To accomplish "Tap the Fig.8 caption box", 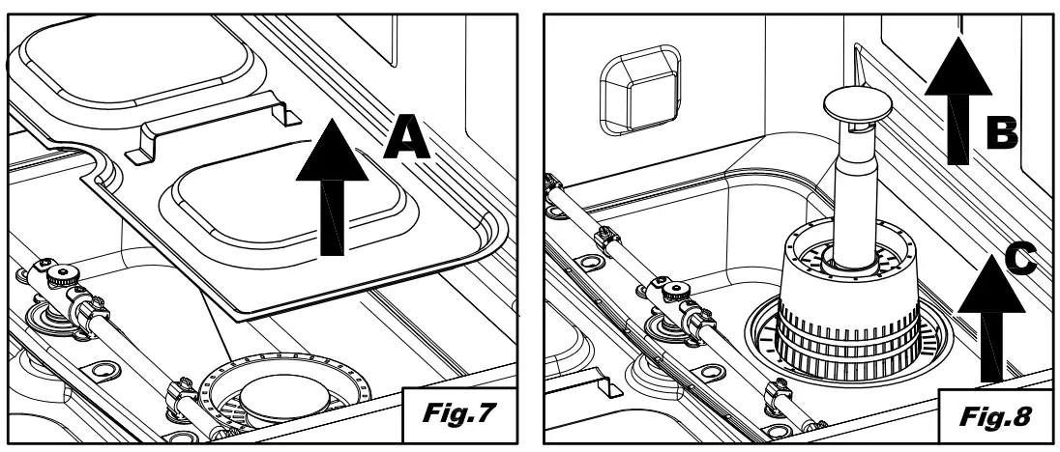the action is (988, 417).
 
